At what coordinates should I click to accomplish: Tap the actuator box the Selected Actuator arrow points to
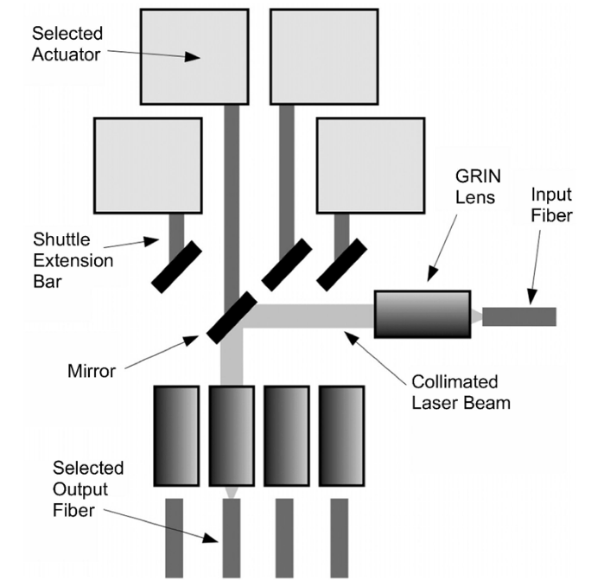195,54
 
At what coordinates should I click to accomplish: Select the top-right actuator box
324,54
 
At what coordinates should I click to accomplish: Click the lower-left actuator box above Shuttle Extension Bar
148,165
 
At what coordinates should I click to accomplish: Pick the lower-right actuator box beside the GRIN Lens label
371,165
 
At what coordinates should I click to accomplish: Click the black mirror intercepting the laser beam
232,317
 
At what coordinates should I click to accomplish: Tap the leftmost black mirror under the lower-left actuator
176,266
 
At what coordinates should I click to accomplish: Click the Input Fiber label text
550,204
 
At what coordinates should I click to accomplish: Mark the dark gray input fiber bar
518,317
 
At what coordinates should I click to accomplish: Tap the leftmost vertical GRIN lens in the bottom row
176,435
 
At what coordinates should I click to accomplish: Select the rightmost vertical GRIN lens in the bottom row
341,435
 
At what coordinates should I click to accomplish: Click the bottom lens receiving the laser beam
231,435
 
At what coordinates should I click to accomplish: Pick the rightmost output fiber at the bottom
339,538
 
